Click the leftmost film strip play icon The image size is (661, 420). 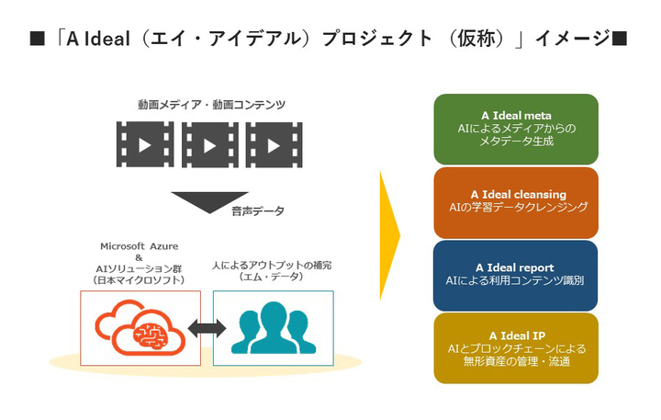pos(145,144)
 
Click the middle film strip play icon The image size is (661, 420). pos(210,144)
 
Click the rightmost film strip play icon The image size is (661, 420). pos(274,144)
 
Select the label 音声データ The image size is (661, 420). pos(258,211)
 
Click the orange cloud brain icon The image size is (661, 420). pos(140,328)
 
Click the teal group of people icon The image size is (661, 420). pos(273,328)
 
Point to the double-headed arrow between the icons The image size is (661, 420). pos(207,329)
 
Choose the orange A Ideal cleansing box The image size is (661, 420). pos(516,201)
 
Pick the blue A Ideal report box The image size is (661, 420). pos(516,274)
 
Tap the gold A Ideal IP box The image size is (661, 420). pos(516,348)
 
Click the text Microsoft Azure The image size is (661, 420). pos(140,246)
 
